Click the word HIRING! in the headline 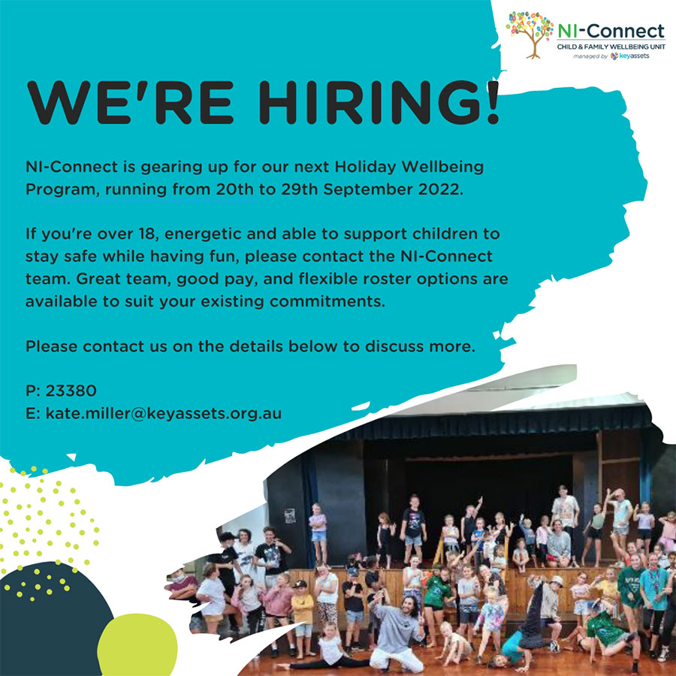pos(379,103)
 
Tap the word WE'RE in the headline pos(130,103)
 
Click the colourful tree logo pos(530,35)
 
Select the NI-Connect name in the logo pos(611,31)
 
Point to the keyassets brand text pos(635,56)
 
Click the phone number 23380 pos(71,391)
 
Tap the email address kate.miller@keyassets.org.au pos(164,413)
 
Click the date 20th pos(234,190)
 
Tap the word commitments pos(327,301)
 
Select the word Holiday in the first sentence pos(366,167)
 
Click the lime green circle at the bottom pos(137,645)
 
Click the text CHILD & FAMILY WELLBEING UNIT pos(611,47)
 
